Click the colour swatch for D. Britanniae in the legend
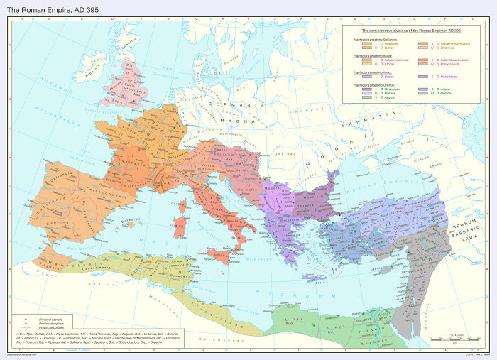click(421, 48)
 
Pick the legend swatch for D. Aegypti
click(366, 97)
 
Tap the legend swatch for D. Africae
click(366, 64)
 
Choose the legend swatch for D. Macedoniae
click(421, 76)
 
